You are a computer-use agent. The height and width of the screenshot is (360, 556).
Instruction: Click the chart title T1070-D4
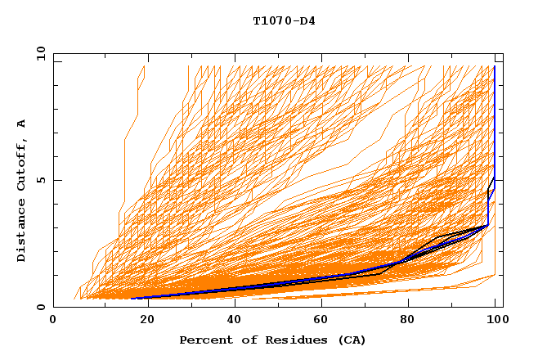tap(284, 20)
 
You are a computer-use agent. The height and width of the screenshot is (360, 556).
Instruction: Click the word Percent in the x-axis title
tap(202, 340)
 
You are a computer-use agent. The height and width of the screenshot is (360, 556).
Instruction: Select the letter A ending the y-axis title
tap(21, 123)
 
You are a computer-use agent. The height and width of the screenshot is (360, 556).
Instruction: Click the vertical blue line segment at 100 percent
tap(494, 123)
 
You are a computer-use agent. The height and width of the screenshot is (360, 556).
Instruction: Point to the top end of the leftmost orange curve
tap(144, 66)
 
